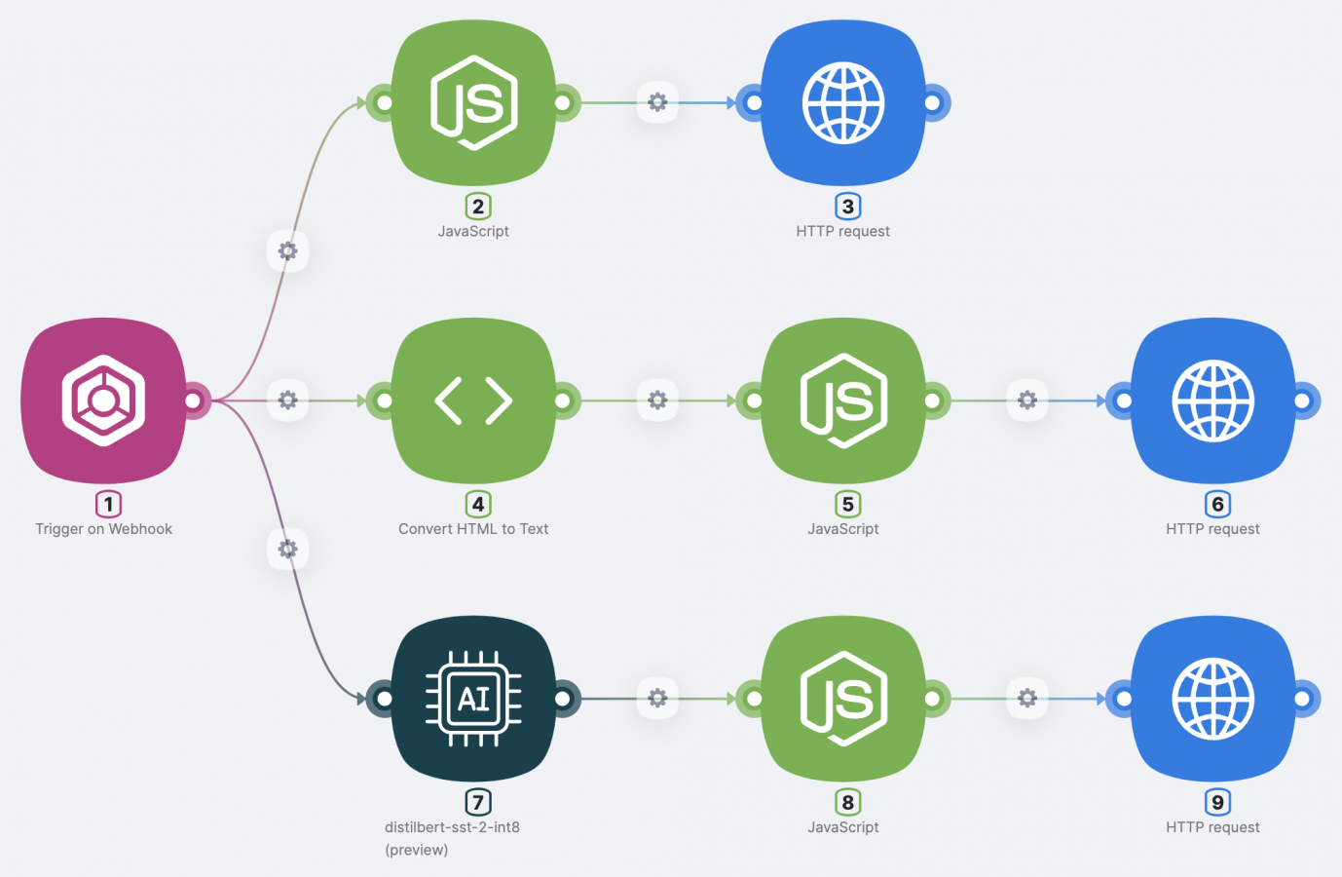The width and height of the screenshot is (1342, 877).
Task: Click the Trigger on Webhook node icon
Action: tap(103, 400)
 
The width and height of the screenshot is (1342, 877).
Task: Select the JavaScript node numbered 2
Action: tap(473, 102)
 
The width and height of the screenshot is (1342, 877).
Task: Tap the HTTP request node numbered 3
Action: tap(843, 102)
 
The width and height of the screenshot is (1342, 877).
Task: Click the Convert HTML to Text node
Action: tap(473, 400)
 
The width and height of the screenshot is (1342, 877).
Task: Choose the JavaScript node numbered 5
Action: tap(843, 400)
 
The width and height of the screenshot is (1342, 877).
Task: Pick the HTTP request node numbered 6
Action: tap(1212, 400)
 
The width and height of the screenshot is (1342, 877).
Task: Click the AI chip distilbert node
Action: tap(473, 698)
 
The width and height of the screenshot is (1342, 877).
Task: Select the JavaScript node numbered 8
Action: tap(843, 698)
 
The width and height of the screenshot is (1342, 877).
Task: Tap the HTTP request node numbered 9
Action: tap(1212, 698)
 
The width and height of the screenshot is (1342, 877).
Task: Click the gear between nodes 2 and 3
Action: tap(657, 102)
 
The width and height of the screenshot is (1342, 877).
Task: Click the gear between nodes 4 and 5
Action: tap(657, 400)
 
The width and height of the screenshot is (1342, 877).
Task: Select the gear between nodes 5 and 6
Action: tap(1027, 400)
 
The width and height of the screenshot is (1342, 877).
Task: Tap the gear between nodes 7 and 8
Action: tap(657, 698)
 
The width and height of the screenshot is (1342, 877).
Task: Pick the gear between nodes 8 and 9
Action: tap(1027, 698)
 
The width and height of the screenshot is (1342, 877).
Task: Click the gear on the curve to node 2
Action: tap(287, 251)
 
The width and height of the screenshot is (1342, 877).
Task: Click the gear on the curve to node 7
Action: tap(287, 549)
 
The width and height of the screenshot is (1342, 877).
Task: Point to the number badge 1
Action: tap(108, 504)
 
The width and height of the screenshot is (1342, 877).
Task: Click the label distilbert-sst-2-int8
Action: tap(452, 827)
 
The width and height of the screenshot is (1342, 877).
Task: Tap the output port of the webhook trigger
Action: tap(193, 400)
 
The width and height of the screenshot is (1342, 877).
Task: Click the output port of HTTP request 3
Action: tap(932, 102)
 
